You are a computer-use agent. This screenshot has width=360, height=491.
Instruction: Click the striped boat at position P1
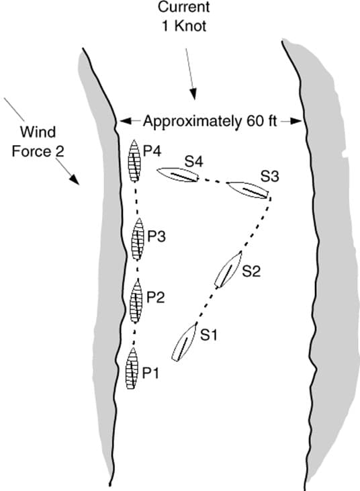[x=132, y=369]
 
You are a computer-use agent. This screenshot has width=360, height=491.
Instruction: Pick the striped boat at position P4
[x=135, y=161]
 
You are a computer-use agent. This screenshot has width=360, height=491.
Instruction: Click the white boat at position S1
[x=183, y=343]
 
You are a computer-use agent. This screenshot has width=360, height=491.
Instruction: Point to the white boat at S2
[x=226, y=269]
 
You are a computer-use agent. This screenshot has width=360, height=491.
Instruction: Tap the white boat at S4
[x=178, y=175]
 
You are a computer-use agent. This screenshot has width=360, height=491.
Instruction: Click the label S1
[x=209, y=333]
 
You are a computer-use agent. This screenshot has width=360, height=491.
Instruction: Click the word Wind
[x=36, y=130]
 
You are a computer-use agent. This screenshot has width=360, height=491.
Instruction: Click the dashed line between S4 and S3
[x=212, y=181]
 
